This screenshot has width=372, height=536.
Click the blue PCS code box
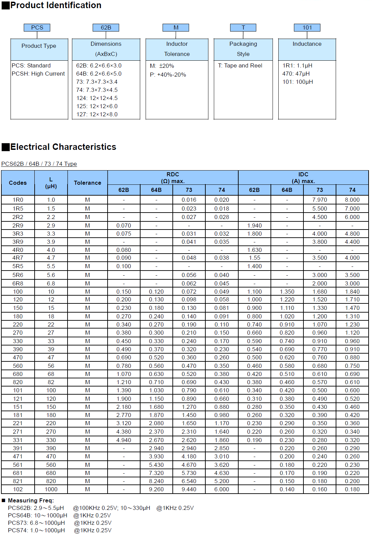[37, 27]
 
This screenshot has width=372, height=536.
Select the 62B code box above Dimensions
[106, 27]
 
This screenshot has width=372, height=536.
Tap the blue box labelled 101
[307, 27]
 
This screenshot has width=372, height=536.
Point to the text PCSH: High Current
[38, 74]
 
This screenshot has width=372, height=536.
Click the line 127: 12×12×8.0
[97, 114]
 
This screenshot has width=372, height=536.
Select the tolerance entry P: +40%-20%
[168, 75]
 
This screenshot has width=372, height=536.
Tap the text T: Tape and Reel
[240, 65]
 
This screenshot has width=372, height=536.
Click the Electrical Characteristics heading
[63, 147]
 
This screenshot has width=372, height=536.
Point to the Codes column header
[18, 183]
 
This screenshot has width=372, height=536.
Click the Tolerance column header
[88, 183]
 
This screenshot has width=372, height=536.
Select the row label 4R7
[18, 258]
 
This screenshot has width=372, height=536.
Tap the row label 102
[18, 489]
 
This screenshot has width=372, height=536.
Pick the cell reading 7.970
[320, 200]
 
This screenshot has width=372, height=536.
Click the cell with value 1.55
[254, 258]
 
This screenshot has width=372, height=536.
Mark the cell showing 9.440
[189, 489]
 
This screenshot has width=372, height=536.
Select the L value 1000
[51, 489]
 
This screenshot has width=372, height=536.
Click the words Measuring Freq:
[31, 500]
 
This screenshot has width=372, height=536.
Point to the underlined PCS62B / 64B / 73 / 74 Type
[39, 164]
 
